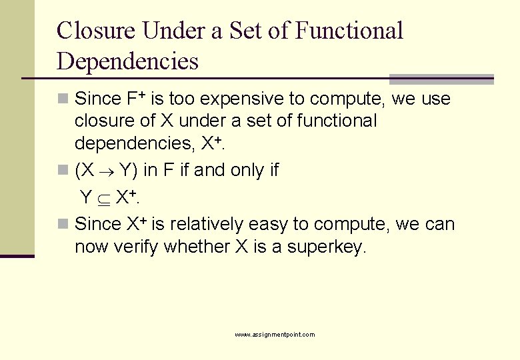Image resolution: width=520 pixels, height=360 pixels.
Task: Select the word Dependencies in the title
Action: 128,61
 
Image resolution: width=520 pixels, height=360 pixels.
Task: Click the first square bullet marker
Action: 62,99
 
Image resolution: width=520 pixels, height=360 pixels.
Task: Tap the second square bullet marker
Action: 62,171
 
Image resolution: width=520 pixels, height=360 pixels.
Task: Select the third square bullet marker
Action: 62,225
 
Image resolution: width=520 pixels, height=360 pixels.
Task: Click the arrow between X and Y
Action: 108,171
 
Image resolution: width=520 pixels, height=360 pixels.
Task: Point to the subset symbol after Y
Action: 104,198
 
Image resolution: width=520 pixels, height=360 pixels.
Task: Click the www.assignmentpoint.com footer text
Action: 275,335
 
